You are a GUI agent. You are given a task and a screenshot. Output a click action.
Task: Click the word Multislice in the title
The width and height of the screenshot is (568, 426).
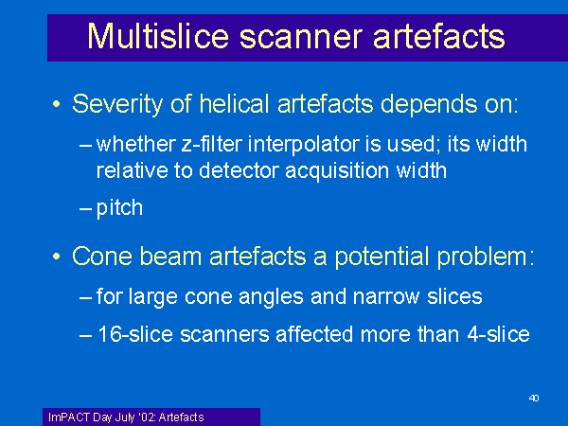pyautogui.click(x=158, y=36)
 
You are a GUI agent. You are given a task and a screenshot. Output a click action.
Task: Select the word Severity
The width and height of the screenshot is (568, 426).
pyautogui.click(x=117, y=105)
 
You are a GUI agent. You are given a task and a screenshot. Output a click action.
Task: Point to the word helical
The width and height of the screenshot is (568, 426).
pyautogui.click(x=234, y=103)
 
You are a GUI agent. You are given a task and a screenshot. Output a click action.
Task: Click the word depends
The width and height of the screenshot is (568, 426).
pyautogui.click(x=429, y=105)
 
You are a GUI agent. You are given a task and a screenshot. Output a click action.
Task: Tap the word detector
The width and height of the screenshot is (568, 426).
pyautogui.click(x=239, y=170)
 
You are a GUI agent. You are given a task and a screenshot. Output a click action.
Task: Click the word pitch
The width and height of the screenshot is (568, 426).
pyautogui.click(x=119, y=208)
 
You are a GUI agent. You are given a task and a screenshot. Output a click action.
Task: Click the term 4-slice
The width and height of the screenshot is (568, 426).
pyautogui.click(x=499, y=334)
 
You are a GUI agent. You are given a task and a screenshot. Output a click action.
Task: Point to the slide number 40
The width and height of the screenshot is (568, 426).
pyautogui.click(x=534, y=399)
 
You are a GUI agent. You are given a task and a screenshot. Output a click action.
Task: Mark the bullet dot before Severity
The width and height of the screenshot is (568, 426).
pyautogui.click(x=56, y=104)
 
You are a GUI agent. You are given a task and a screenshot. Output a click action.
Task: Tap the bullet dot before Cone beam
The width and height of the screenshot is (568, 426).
pyautogui.click(x=56, y=257)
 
